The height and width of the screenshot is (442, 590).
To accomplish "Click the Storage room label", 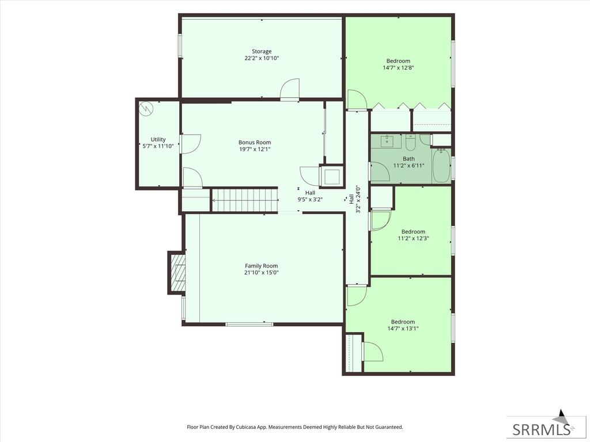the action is (x=262, y=51).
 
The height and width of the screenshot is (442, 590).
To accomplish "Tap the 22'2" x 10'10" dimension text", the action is (x=262, y=58).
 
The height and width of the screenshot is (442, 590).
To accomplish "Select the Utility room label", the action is (x=158, y=139).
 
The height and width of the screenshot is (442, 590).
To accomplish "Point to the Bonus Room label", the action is (x=255, y=143).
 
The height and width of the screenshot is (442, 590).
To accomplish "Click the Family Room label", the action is (x=262, y=266).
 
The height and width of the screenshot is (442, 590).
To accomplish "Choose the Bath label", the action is (x=409, y=159).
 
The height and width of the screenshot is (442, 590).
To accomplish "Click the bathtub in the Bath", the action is (x=441, y=166).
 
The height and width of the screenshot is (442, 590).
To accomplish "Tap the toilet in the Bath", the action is (x=410, y=142).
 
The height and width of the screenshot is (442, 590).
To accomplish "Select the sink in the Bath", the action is (x=387, y=142).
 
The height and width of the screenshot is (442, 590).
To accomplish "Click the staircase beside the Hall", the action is (x=244, y=200).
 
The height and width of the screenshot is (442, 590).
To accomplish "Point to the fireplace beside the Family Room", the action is (x=177, y=272).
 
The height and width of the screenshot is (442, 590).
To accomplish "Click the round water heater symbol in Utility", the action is (x=146, y=109).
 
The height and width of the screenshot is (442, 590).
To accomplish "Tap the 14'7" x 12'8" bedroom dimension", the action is (x=398, y=68).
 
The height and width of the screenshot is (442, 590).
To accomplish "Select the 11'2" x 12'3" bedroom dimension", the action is (x=413, y=238).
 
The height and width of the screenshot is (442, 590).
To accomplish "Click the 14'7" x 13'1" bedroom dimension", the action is (x=403, y=329).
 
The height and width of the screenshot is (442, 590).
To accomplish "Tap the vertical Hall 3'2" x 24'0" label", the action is (x=354, y=199).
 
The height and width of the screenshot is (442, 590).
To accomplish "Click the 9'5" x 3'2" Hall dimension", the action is (x=310, y=200).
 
